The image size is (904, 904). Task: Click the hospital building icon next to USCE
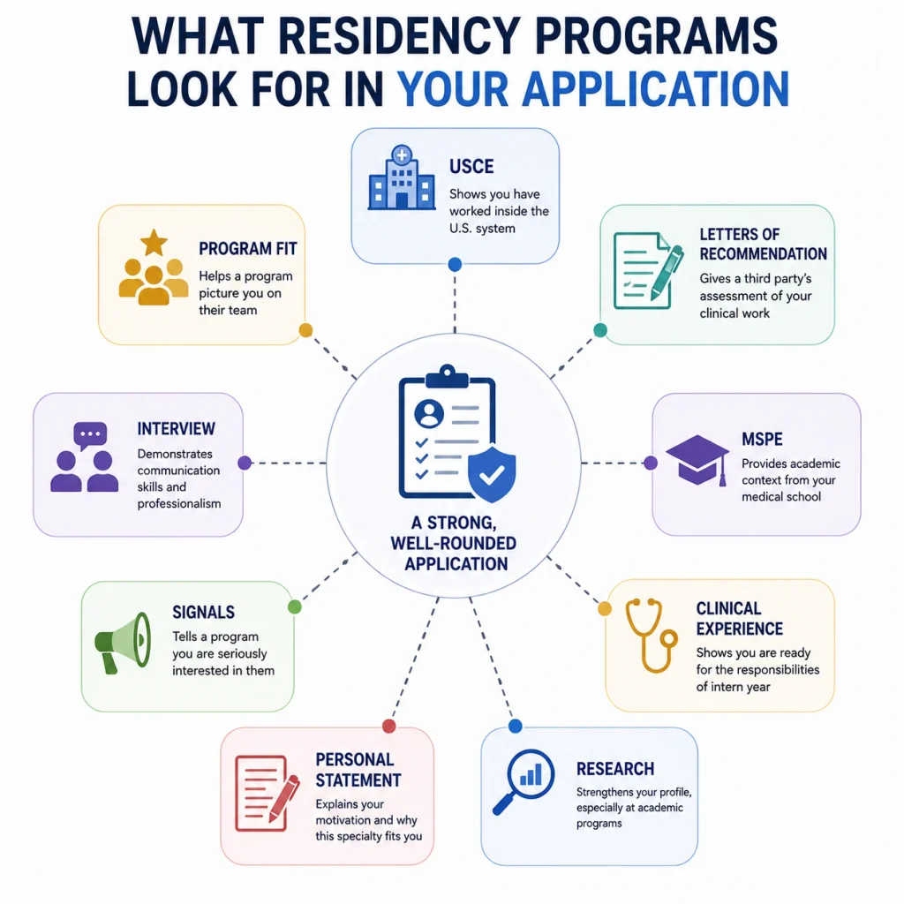coord(402,177)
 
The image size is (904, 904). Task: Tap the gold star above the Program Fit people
coord(154,243)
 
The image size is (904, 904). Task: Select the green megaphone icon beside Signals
coord(123,642)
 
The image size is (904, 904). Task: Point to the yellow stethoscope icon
coord(652,635)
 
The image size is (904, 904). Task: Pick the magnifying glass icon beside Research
coord(524,780)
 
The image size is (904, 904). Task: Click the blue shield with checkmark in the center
coord(492,474)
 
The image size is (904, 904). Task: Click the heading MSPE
coord(762,440)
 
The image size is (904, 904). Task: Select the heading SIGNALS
coord(204,613)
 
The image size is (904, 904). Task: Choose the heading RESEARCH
coord(615,769)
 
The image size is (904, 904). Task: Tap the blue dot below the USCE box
coord(455,265)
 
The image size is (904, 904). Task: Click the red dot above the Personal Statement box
coord(389,726)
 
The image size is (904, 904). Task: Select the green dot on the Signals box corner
coord(295,606)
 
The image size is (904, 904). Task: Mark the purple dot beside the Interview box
coord(245,463)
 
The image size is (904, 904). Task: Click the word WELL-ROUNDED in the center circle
coord(453,544)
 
